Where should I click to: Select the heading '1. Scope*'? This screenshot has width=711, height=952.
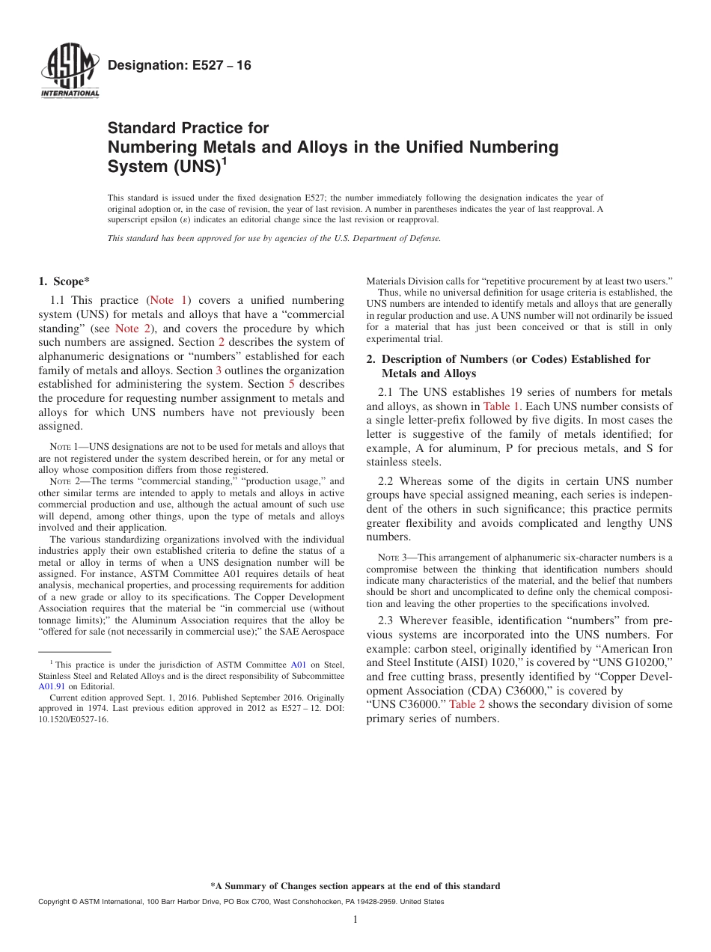click(x=64, y=281)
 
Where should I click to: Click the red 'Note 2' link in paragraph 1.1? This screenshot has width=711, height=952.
click(x=132, y=328)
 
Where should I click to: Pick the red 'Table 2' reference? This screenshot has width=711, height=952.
click(x=467, y=704)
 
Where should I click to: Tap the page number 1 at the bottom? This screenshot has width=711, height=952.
click(x=355, y=919)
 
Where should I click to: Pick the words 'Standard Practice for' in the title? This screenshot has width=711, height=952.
click(x=188, y=128)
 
